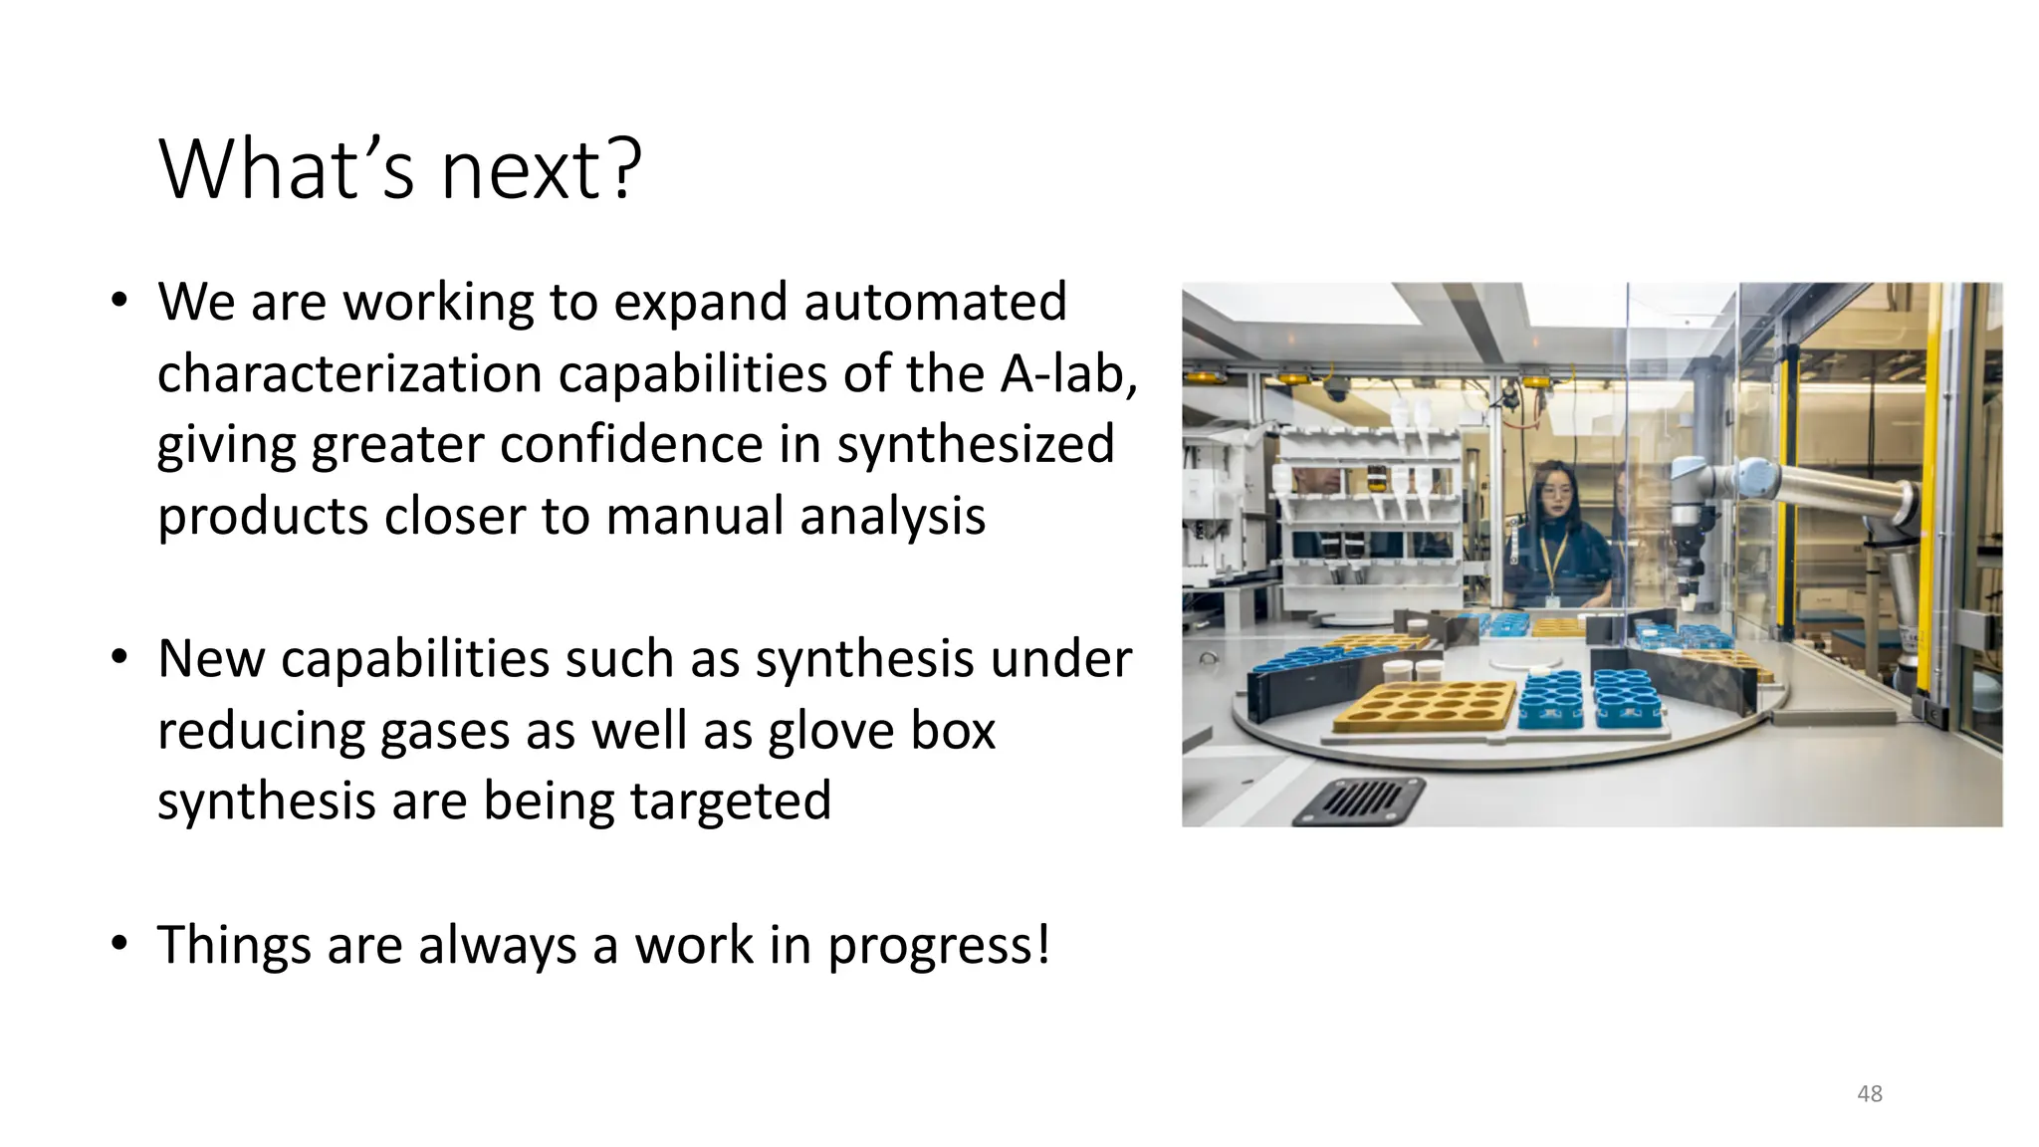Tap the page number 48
click(1869, 1093)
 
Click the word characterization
click(348, 374)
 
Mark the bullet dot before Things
click(119, 943)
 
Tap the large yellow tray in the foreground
click(1425, 707)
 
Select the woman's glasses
click(1556, 492)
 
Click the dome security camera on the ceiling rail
click(1335, 390)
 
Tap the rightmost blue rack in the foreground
click(1623, 696)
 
